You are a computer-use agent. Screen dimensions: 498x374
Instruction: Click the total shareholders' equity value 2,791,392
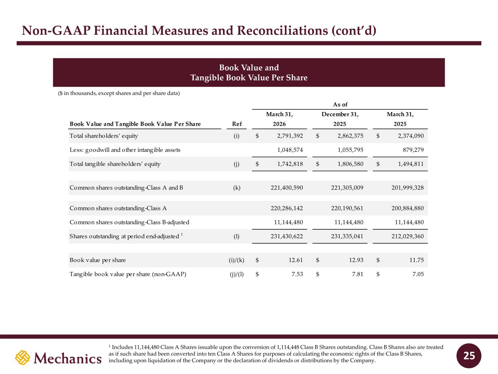tap(290, 136)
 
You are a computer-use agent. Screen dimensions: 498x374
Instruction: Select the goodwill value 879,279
tap(413, 150)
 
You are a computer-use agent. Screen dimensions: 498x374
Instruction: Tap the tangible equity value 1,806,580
tap(350, 164)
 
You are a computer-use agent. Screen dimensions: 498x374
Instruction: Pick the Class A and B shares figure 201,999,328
tap(408, 188)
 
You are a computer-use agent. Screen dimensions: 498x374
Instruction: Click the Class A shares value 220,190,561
tap(347, 208)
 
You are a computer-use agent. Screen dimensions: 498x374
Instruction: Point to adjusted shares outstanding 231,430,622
tap(287, 236)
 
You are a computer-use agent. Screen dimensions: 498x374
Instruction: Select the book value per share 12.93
tap(356, 260)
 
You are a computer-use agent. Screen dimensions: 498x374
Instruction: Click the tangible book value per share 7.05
tap(418, 274)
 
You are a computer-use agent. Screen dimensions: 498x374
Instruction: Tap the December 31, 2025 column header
tap(340, 119)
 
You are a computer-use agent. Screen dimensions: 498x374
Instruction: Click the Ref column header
tap(237, 124)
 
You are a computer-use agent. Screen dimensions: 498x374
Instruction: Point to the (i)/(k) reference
tap(236, 260)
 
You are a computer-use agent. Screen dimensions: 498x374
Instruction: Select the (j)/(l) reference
tap(236, 274)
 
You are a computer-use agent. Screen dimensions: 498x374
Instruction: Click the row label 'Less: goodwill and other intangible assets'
tap(125, 150)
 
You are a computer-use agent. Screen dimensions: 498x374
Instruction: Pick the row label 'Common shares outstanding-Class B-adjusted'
tap(129, 222)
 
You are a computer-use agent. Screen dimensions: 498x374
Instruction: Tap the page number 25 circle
tap(469, 356)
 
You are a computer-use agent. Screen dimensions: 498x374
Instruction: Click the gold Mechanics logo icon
tap(23, 358)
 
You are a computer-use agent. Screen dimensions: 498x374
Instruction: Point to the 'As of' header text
tap(340, 104)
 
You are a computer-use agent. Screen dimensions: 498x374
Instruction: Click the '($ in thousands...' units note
tap(119, 93)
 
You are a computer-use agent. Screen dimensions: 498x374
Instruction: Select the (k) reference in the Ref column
tap(237, 188)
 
